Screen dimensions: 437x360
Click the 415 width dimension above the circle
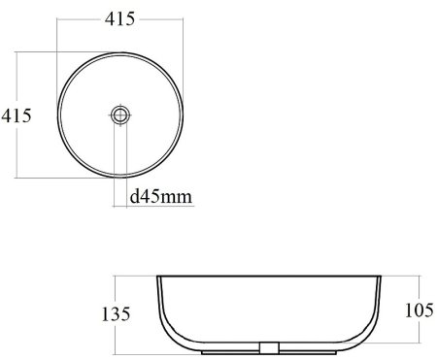tap(119, 19)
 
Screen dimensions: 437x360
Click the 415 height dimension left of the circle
tap(17, 115)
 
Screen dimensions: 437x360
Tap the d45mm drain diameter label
tap(160, 196)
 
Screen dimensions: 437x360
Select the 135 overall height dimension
tap(116, 314)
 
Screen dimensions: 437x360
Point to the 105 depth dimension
tap(420, 311)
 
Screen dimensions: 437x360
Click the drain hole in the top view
tap(120, 115)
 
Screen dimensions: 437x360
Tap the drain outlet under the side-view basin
tap(270, 347)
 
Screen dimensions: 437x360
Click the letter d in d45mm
tap(134, 196)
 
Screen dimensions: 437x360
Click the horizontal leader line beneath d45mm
tap(153, 206)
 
